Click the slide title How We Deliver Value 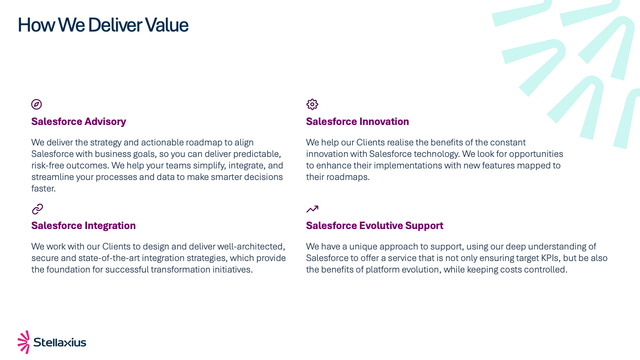click(103, 25)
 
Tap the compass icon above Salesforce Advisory click(36, 104)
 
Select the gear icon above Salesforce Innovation click(312, 104)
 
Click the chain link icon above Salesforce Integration click(38, 209)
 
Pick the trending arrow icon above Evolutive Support click(312, 209)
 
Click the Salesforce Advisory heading click(79, 122)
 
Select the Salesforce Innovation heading click(358, 122)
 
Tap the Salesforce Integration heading click(84, 226)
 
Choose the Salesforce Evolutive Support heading click(375, 226)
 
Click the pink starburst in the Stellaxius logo click(24, 342)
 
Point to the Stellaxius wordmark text click(60, 342)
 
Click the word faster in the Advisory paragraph click(44, 188)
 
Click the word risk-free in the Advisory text click(47, 165)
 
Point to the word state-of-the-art click(109, 258)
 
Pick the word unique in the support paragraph click(363, 246)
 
